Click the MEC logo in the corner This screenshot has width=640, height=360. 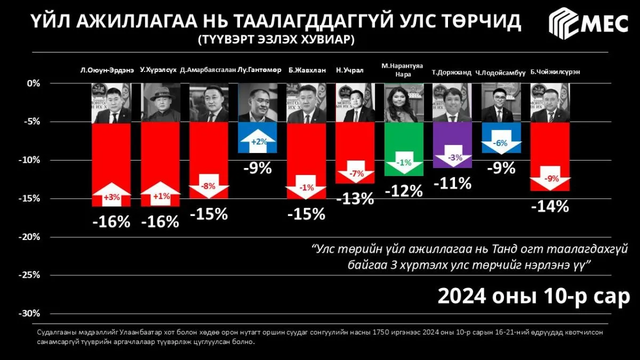click(x=588, y=23)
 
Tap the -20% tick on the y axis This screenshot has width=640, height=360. click(x=30, y=237)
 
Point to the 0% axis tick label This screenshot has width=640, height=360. click(x=34, y=83)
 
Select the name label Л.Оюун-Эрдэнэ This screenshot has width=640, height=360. click(x=107, y=70)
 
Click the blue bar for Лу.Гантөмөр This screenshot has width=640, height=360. click(x=258, y=138)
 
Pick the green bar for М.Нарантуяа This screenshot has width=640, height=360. click(x=404, y=149)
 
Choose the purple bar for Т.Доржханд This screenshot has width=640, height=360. click(x=452, y=145)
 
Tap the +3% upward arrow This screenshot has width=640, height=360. click(x=111, y=194)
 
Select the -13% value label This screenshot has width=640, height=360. click(x=355, y=198)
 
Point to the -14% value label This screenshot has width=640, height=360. click(x=550, y=206)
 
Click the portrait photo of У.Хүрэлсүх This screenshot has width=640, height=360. click(x=161, y=102)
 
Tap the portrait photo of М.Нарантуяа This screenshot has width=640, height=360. click(x=404, y=102)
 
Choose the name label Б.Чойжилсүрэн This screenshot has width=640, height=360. click(x=555, y=72)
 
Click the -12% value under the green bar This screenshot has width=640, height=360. click(x=404, y=191)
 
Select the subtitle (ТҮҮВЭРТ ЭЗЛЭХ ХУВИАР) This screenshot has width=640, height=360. click(x=276, y=39)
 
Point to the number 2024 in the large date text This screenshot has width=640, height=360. click(x=462, y=297)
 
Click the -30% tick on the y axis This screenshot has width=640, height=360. click(x=30, y=314)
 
